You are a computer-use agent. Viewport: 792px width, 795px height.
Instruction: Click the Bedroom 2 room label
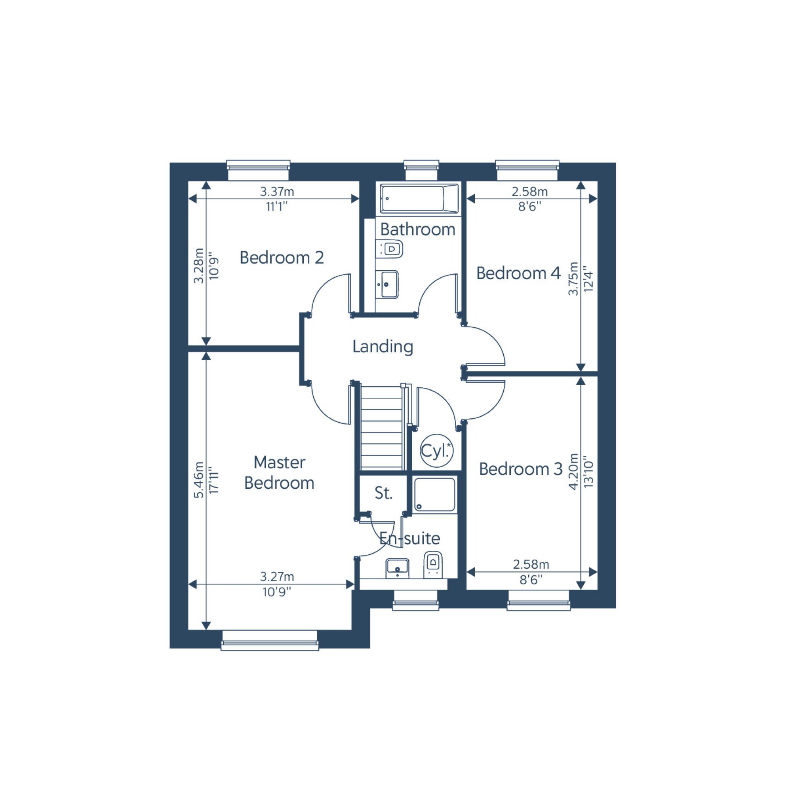[x=282, y=258]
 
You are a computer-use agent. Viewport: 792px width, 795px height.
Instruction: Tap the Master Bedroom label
[x=279, y=472]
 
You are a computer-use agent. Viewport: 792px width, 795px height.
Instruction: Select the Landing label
[x=383, y=347]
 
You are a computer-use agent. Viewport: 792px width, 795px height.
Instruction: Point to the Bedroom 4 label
[x=518, y=273]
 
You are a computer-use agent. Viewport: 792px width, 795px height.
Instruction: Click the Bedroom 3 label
[x=521, y=469]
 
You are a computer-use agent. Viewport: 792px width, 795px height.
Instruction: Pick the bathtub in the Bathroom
[x=419, y=199]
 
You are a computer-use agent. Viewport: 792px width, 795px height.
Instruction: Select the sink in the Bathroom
[x=388, y=285]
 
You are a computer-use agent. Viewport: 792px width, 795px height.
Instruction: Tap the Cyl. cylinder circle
[x=436, y=451]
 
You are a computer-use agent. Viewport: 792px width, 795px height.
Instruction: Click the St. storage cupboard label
[x=383, y=493]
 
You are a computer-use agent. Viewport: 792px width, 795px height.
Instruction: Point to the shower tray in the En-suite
[x=434, y=495]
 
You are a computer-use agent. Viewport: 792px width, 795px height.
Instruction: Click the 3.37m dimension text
[x=277, y=192]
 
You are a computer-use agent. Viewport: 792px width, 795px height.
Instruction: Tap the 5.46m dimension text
[x=198, y=480]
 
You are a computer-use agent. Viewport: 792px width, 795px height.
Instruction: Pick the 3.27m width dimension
[x=277, y=577]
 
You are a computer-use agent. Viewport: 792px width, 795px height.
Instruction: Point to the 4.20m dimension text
[x=573, y=472]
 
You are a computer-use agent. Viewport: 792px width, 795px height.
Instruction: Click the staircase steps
[x=381, y=428]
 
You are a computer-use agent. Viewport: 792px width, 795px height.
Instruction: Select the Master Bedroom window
[x=270, y=641]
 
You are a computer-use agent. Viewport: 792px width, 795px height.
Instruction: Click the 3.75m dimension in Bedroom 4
[x=573, y=279]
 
